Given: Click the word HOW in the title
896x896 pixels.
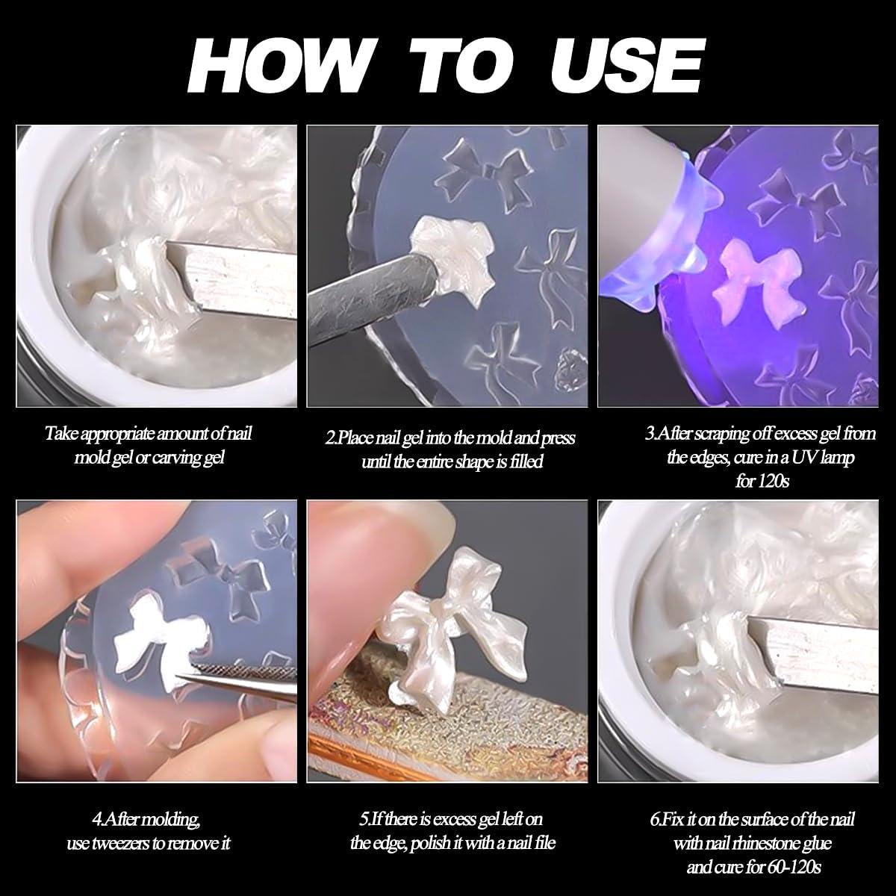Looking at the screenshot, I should click(x=276, y=67).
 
